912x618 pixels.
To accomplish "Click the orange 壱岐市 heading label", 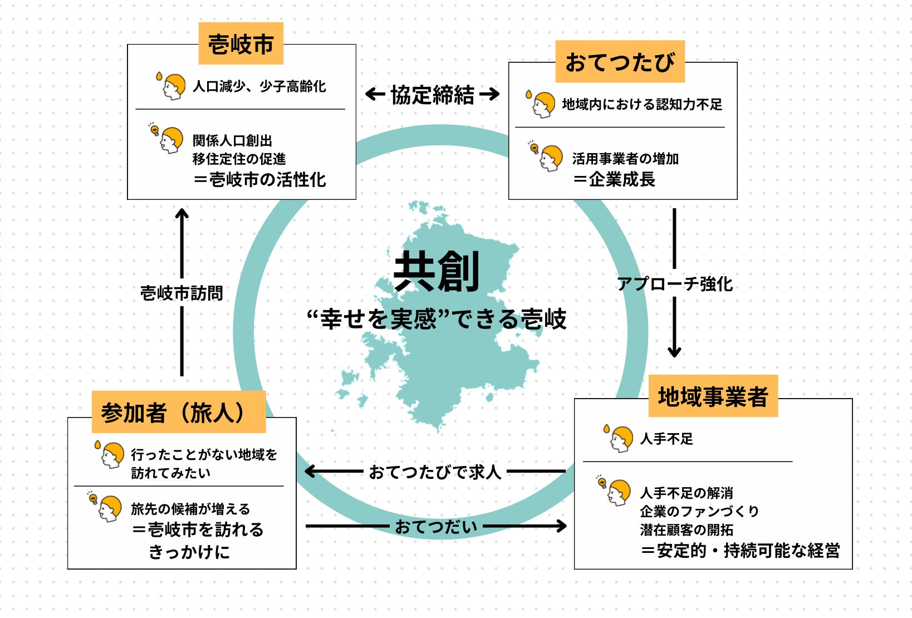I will click(241, 44).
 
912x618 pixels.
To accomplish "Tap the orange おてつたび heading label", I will click(620, 62).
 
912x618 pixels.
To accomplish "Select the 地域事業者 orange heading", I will click(713, 396).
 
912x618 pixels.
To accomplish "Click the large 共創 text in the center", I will click(437, 272).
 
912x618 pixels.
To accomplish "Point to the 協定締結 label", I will click(433, 95).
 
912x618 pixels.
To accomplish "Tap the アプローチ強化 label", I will click(675, 284).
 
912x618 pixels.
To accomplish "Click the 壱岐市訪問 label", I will click(182, 293).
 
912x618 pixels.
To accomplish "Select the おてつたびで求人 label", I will click(435, 472).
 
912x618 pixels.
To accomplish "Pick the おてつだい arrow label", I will click(436, 526).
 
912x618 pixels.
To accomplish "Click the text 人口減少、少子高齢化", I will click(259, 86).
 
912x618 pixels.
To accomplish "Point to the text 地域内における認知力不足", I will click(641, 104).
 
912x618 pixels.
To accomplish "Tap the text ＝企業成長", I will click(614, 179).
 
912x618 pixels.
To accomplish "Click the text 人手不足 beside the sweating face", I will click(666, 439).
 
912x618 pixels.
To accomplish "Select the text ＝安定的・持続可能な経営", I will click(740, 551).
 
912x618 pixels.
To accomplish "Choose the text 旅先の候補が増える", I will click(190, 509).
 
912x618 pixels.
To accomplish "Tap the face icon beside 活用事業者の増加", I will click(550, 158).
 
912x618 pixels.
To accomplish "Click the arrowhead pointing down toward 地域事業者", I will click(674, 351).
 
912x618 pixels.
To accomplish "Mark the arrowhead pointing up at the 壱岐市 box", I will click(182, 214).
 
